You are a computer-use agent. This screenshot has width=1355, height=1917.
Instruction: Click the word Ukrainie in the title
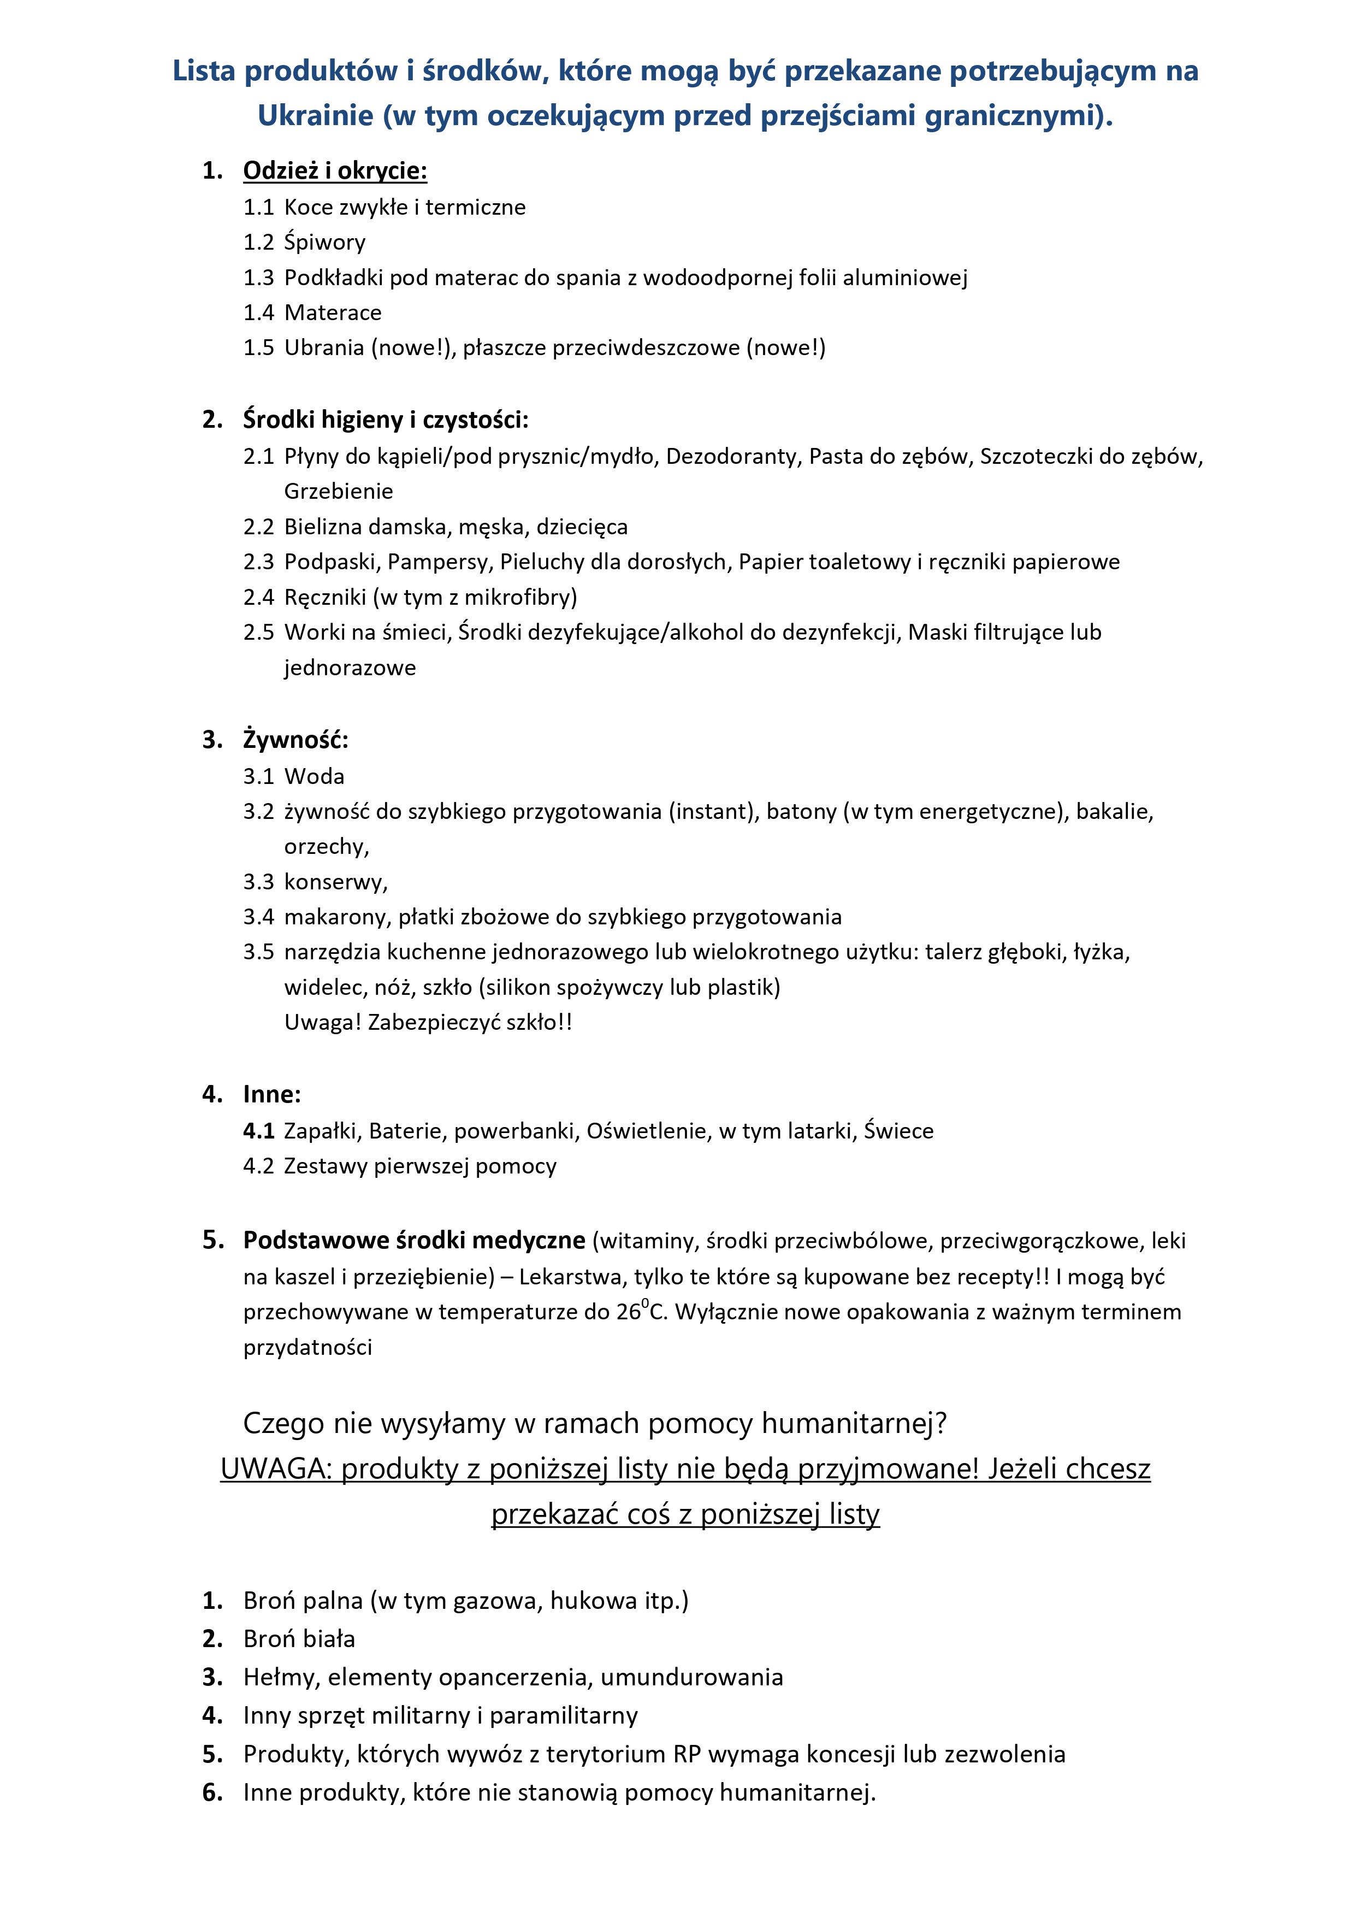click(x=315, y=115)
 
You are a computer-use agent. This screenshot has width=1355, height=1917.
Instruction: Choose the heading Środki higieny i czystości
click(x=386, y=420)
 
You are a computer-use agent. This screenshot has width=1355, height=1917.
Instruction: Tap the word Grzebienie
click(x=338, y=492)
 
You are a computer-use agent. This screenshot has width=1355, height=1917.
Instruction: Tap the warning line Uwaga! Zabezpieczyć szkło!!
click(x=428, y=1023)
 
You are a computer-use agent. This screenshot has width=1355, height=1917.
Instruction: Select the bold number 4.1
click(x=259, y=1131)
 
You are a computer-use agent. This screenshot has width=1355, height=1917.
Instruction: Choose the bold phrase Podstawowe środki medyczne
click(x=413, y=1241)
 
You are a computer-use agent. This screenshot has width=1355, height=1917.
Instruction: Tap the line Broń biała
click(x=299, y=1639)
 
